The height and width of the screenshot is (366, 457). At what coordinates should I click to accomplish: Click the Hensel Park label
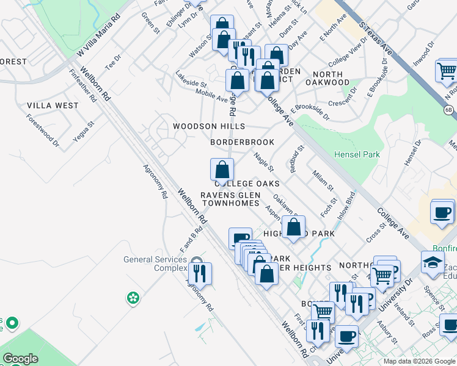pos(357,154)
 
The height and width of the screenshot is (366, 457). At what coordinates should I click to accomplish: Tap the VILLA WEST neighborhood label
pos(53,106)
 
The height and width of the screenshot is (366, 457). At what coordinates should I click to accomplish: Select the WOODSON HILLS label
pos(208,126)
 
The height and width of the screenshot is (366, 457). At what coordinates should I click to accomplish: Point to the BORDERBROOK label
pos(242,142)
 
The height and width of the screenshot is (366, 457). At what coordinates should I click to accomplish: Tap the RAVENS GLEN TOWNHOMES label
pos(230,199)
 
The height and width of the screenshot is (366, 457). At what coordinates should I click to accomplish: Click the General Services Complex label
pos(155,264)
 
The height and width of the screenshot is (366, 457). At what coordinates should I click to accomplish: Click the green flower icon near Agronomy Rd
pos(133,298)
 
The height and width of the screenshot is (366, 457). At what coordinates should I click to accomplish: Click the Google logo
pos(20,359)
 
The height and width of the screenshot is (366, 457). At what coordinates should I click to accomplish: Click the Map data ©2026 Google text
pos(419,361)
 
